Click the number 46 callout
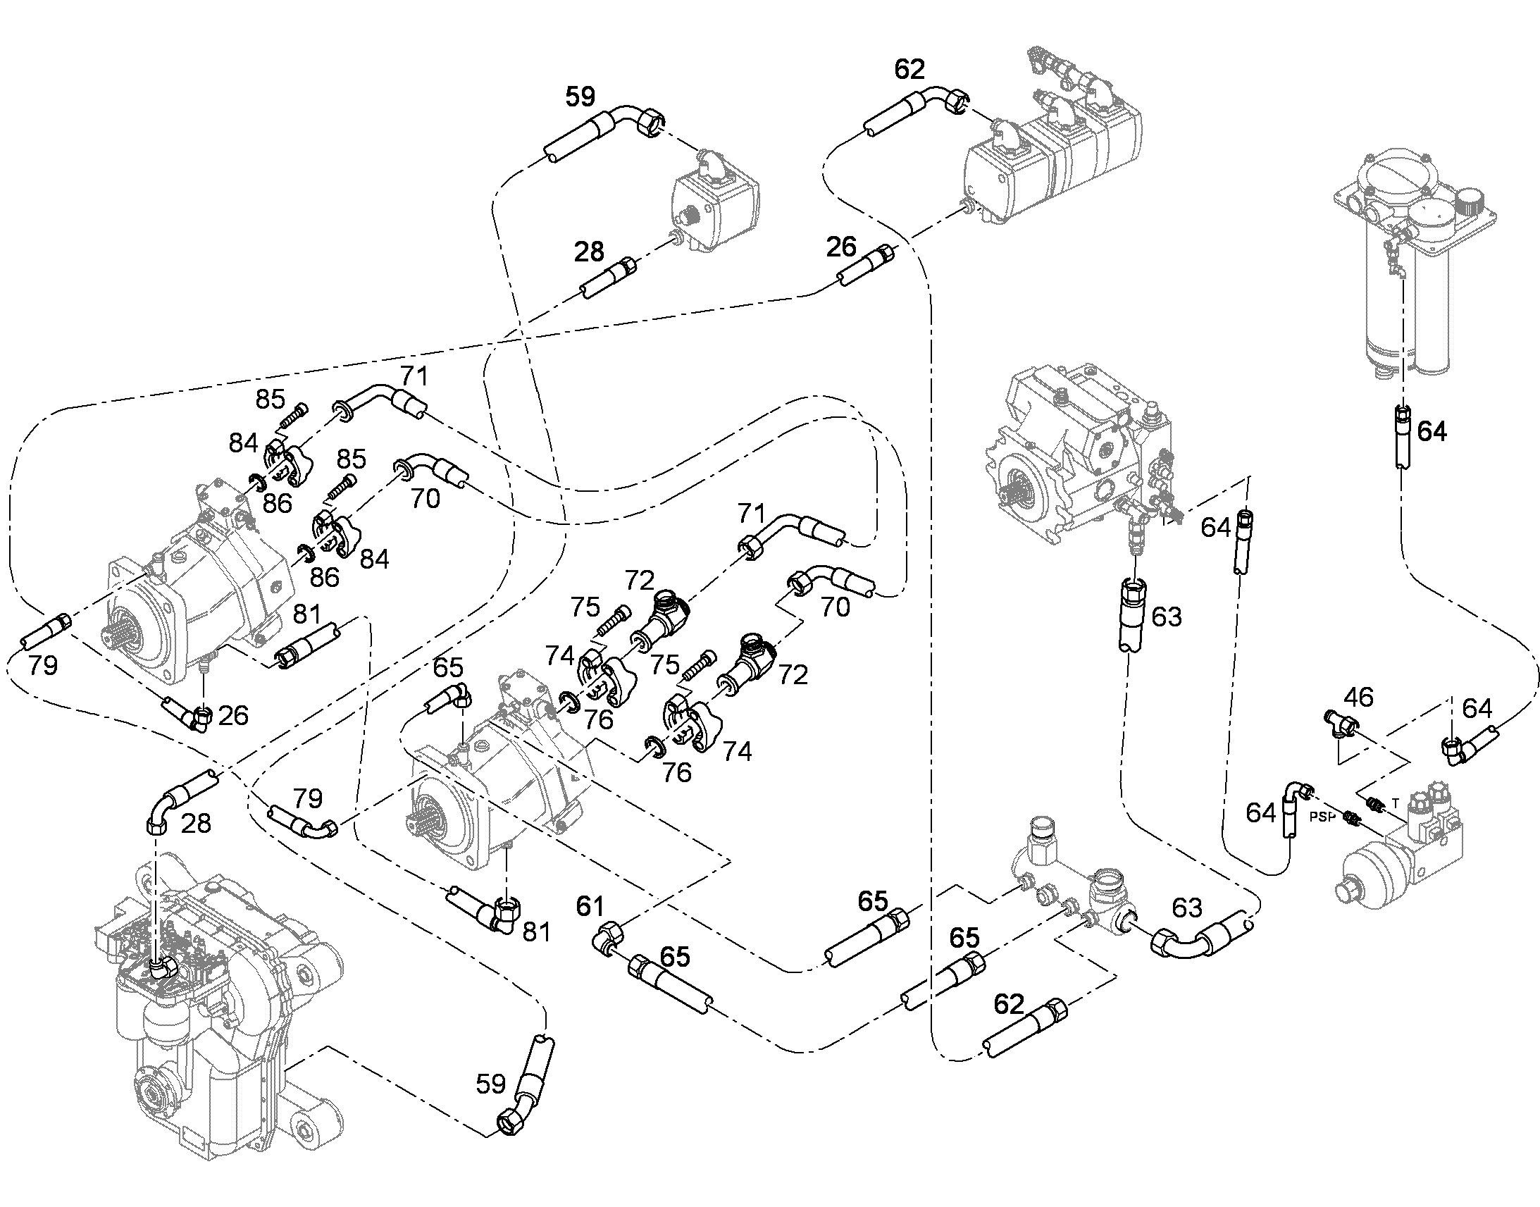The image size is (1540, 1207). coord(1358,698)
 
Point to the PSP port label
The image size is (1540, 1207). coord(1322,817)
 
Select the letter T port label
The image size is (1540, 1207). coord(1394,803)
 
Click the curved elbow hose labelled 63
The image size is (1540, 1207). coord(1198,935)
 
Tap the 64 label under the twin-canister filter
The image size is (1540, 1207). coord(1432,431)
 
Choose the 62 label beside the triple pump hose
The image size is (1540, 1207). coord(909,69)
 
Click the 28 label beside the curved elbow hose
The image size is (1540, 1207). coord(196,823)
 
